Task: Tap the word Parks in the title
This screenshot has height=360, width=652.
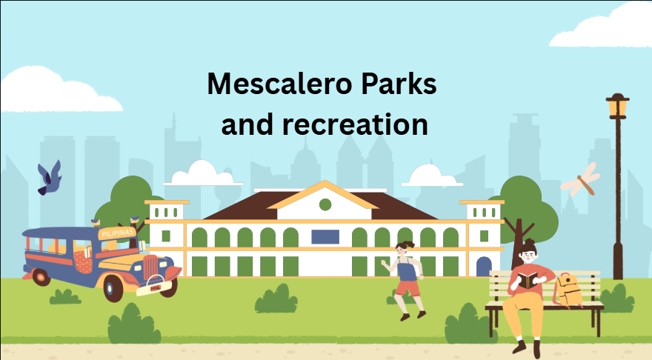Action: (399, 84)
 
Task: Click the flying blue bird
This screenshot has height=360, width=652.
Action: (50, 178)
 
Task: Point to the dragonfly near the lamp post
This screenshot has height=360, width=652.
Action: (581, 179)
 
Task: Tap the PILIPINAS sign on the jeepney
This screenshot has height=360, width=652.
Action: (118, 233)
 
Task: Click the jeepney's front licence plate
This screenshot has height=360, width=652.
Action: (155, 287)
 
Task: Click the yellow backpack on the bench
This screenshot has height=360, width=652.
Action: (568, 290)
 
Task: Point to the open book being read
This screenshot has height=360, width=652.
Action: (528, 281)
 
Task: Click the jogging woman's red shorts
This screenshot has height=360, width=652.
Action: (408, 288)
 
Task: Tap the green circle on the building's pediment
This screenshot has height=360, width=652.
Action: (325, 204)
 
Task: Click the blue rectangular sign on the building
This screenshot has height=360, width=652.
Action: (325, 237)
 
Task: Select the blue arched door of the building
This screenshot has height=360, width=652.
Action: (484, 267)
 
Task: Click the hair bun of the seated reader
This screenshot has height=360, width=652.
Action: (528, 242)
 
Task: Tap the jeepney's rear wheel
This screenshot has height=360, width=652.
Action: (41, 277)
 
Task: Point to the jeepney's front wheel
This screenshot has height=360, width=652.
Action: (113, 287)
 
